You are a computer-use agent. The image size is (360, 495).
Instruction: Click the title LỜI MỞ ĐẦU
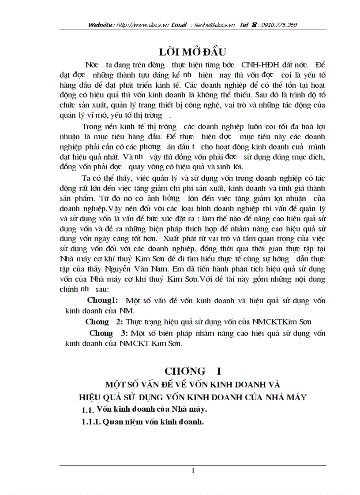tap(193, 51)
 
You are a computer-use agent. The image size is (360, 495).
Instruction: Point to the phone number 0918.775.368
tap(279, 25)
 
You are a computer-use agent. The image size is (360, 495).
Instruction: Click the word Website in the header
tap(101, 25)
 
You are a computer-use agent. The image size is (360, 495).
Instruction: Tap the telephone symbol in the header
tap(255, 25)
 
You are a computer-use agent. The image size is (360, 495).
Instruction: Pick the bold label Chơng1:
tap(102, 301)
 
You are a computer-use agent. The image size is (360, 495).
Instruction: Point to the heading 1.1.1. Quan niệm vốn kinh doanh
tap(142, 421)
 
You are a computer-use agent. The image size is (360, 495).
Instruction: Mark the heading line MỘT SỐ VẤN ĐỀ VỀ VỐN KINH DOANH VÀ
tap(192, 385)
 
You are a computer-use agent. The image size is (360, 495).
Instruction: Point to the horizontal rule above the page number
tap(193, 465)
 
